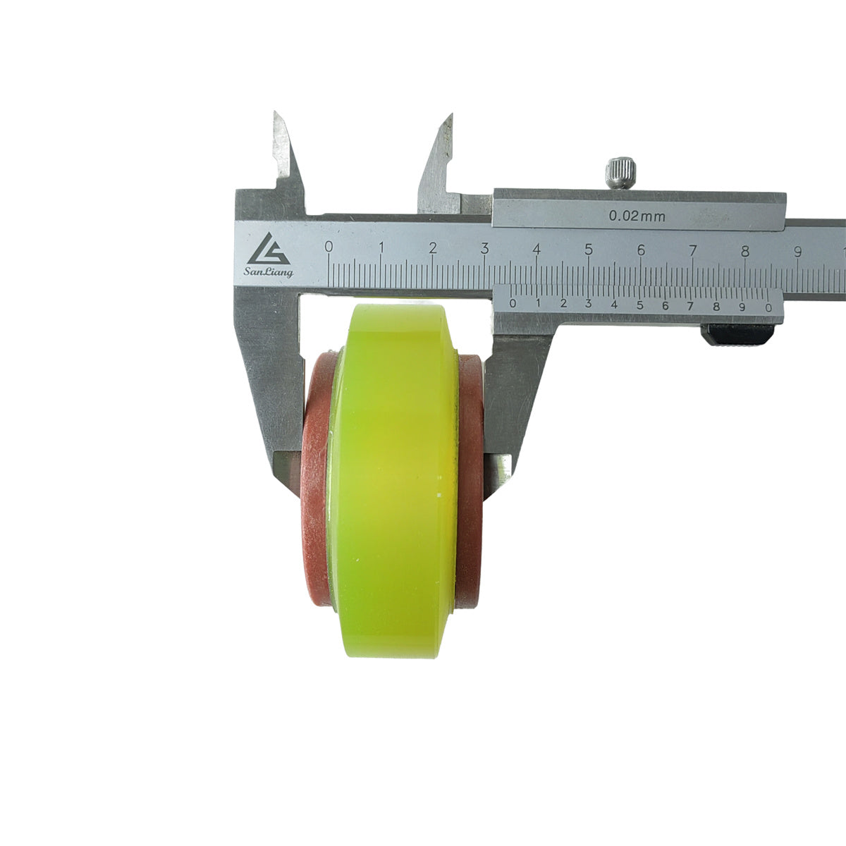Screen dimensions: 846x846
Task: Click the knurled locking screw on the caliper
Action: tap(621, 173)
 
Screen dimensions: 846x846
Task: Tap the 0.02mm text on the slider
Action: tap(637, 216)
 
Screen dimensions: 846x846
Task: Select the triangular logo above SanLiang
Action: tap(268, 249)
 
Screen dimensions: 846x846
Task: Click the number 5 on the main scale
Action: tap(588, 250)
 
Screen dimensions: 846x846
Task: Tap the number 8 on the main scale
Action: tap(745, 251)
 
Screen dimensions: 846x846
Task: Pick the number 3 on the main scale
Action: tap(484, 248)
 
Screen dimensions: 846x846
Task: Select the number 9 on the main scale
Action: tap(797, 252)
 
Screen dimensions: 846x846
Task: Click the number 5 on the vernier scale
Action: tap(639, 305)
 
